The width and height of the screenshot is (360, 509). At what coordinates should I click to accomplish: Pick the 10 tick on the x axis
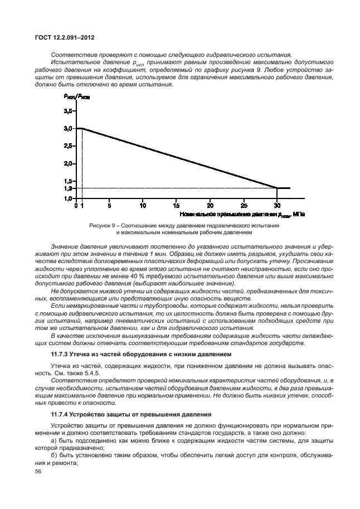[x=143, y=205]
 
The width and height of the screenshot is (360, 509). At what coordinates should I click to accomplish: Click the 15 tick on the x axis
[x=176, y=205]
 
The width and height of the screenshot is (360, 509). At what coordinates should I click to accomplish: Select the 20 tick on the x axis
[x=210, y=205]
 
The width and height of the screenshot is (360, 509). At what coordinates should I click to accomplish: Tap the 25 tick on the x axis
[x=244, y=205]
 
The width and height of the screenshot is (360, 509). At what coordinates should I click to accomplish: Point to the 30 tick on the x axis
[x=277, y=205]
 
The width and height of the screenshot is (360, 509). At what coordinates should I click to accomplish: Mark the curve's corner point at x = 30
[x=277, y=188]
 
